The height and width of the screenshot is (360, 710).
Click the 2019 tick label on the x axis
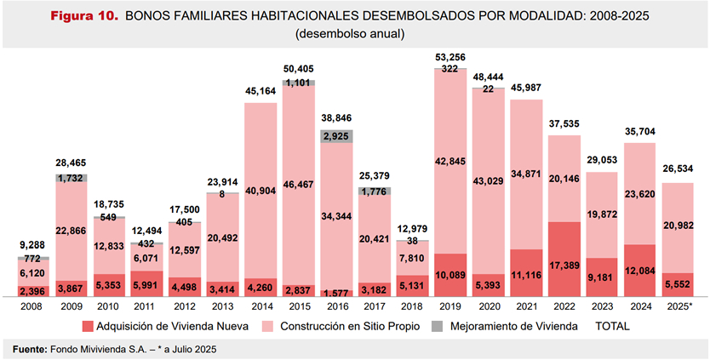[451, 305]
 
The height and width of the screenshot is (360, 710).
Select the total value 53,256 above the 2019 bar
[451, 56]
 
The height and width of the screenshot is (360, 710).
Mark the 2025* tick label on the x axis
[681, 305]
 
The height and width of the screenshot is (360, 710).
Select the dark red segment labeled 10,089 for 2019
[451, 274]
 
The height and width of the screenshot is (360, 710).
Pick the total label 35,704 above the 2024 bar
[643, 133]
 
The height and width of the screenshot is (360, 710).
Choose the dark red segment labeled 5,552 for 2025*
[681, 285]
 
